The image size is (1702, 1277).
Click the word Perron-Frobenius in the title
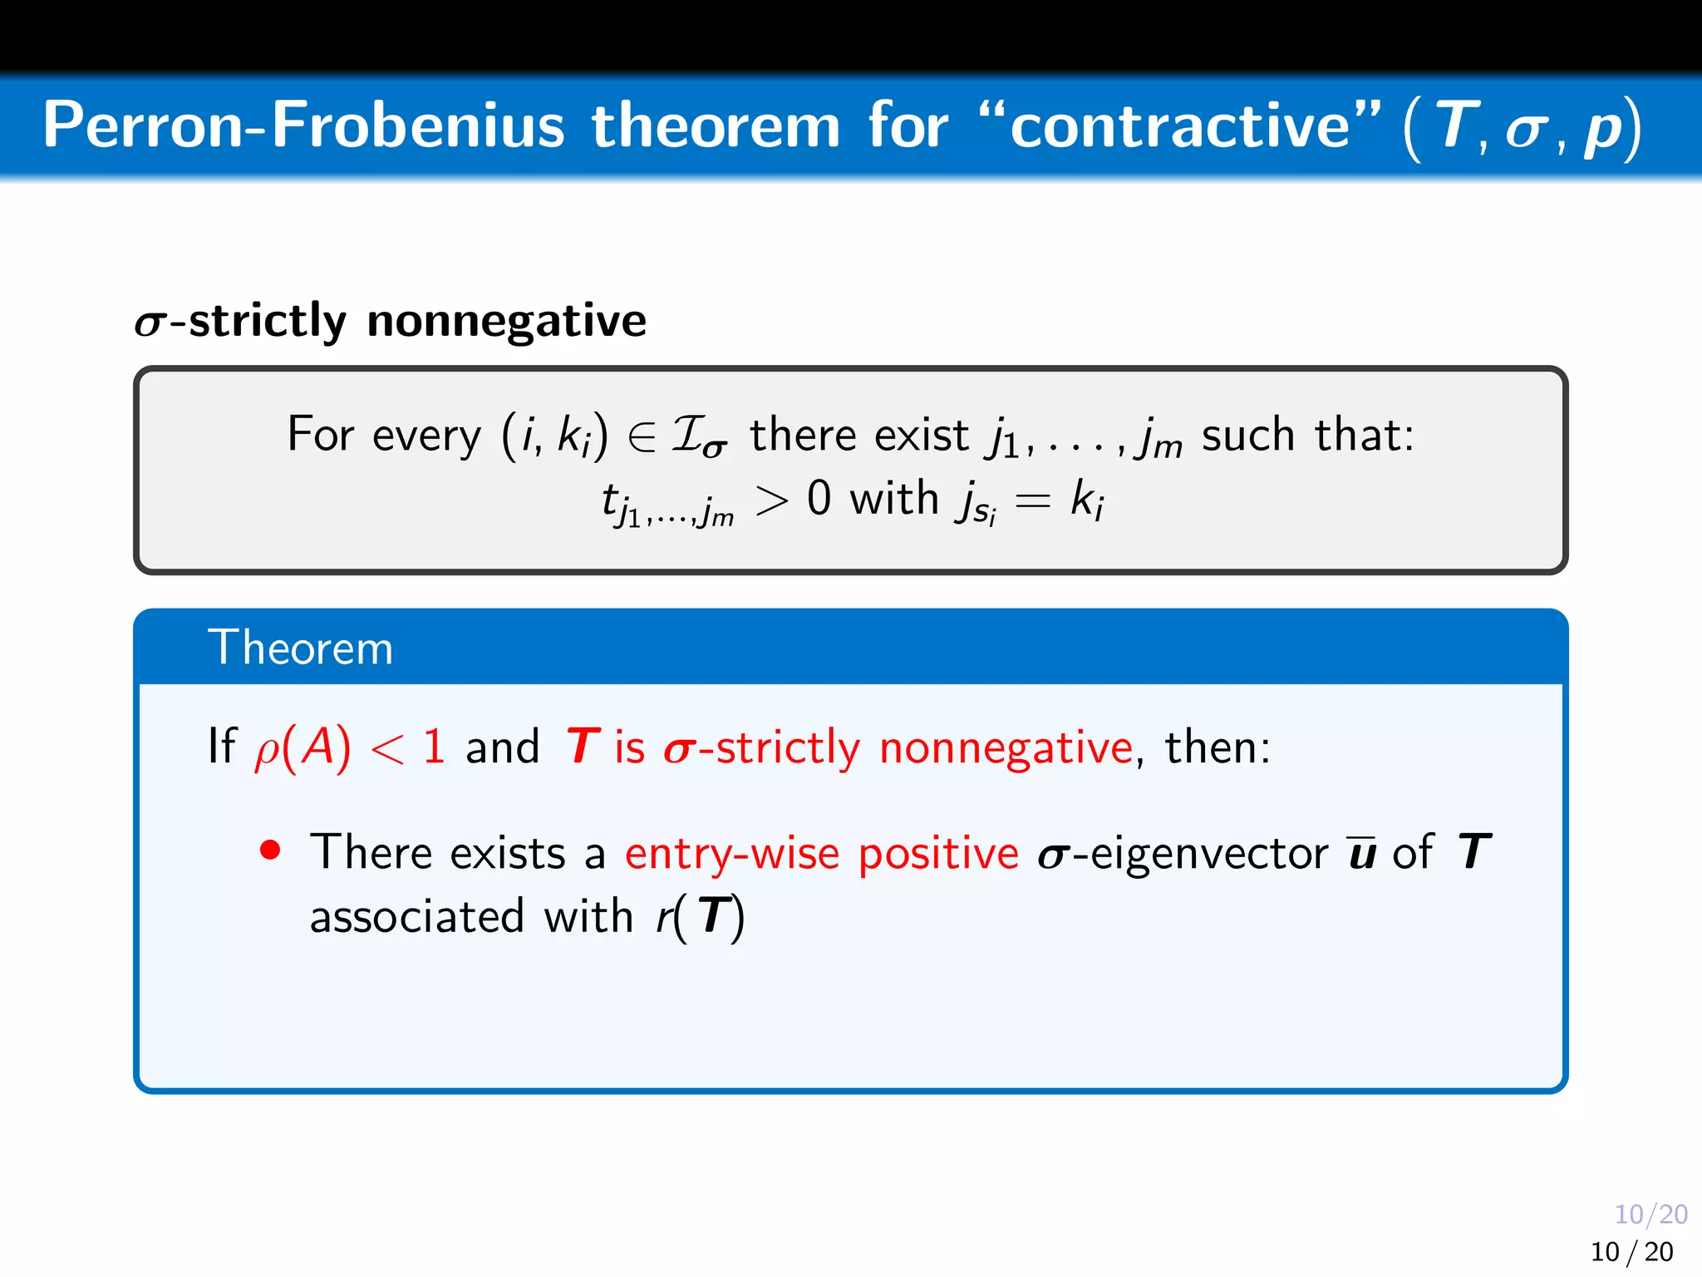click(303, 126)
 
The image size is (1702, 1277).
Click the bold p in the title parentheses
click(1601, 129)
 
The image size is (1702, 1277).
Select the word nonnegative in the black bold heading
click(506, 321)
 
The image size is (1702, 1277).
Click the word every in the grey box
click(426, 435)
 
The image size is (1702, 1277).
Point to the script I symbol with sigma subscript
click(698, 436)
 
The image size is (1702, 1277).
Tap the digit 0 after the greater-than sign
click(819, 499)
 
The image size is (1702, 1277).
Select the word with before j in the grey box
click(893, 499)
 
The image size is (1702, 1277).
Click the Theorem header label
click(300, 648)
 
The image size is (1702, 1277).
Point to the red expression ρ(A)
click(303, 747)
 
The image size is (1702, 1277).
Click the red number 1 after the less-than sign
click(434, 747)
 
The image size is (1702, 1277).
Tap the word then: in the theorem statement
click(1217, 747)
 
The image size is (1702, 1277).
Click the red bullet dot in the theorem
click(269, 850)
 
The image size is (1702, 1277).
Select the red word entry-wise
click(732, 853)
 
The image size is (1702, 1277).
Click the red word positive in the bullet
click(938, 855)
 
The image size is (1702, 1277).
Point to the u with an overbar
click(1361, 852)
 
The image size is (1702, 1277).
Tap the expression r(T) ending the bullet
click(700, 917)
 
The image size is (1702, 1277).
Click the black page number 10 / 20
click(1631, 1251)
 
